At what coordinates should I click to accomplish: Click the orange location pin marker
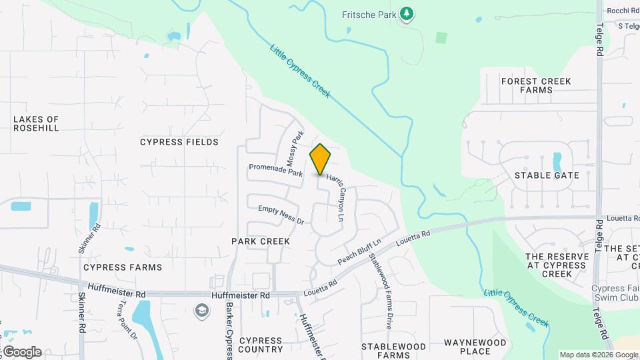point(320,159)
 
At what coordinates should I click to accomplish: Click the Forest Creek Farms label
point(536,85)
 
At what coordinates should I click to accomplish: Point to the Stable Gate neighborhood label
point(547,175)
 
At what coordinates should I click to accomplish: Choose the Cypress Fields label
point(179,142)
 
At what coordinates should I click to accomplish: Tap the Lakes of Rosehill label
point(36,123)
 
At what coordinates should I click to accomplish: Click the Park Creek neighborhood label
point(261,241)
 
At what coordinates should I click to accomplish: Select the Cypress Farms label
point(123,267)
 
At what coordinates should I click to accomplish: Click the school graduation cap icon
point(201,310)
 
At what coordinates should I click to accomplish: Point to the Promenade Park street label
point(275,170)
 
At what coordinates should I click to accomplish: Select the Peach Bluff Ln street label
point(359,251)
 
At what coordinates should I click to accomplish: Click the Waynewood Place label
point(475,347)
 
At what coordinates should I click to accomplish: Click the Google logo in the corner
point(21,352)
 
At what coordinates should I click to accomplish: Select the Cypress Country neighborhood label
point(261,345)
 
